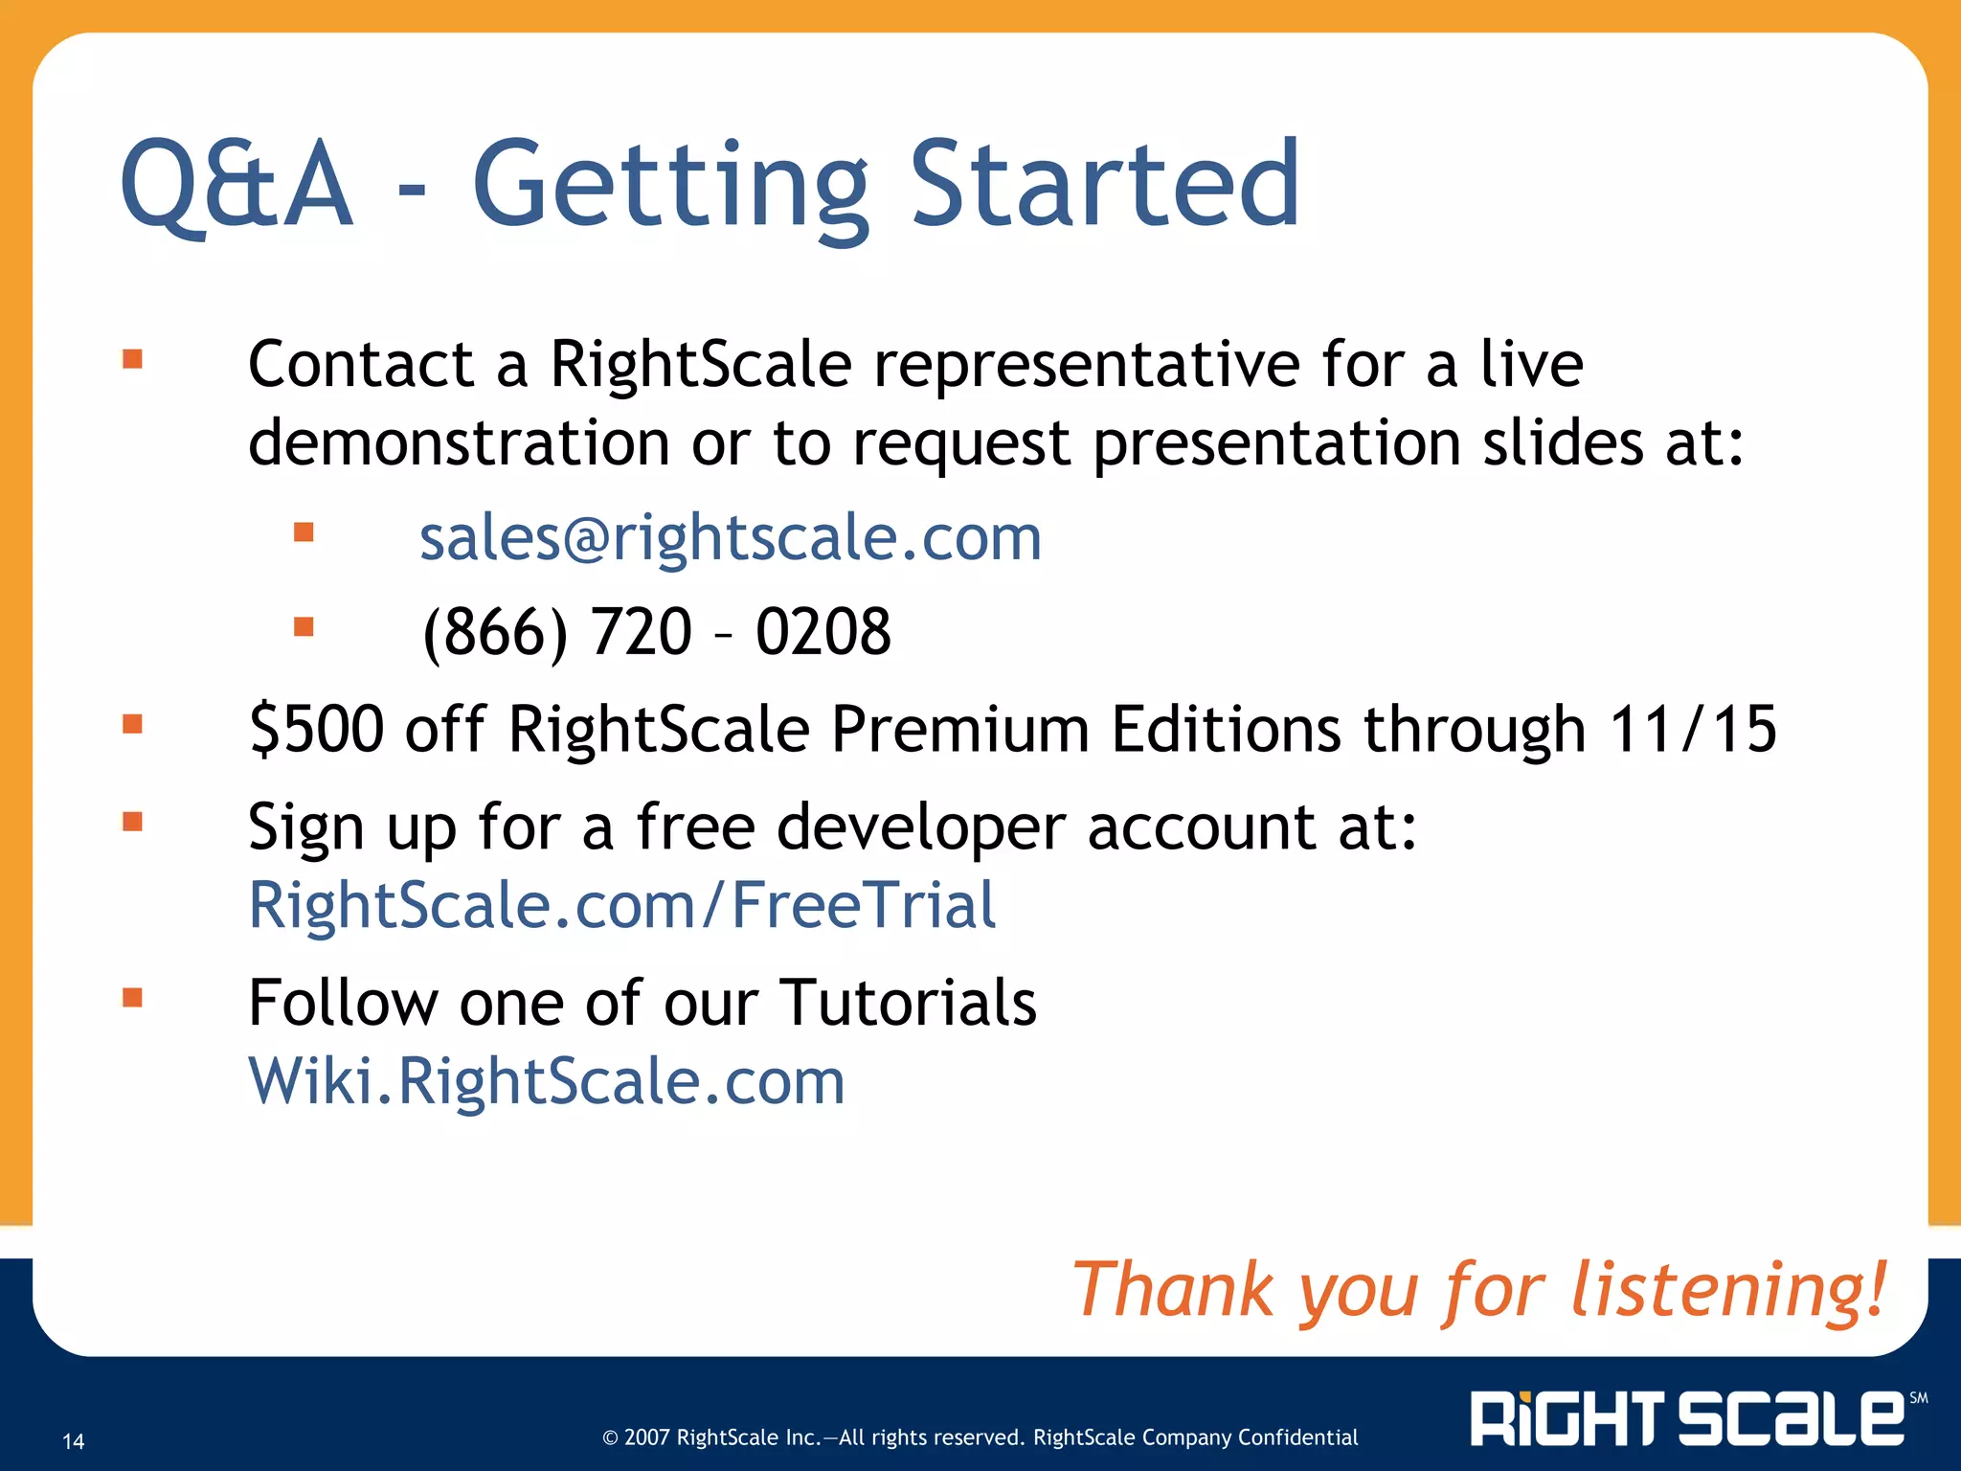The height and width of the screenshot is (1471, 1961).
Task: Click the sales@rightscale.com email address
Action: pyautogui.click(x=730, y=538)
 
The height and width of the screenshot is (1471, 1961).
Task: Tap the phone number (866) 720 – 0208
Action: pyautogui.click(x=657, y=632)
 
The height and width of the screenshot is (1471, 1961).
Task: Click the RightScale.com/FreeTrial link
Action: pyautogui.click(x=622, y=905)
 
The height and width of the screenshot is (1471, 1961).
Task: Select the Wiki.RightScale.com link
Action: pyautogui.click(x=547, y=1081)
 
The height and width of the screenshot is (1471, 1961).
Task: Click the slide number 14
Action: pyautogui.click(x=74, y=1441)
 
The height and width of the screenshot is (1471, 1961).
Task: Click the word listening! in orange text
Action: pyautogui.click(x=1728, y=1291)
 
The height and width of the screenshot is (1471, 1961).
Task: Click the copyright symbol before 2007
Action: pyautogui.click(x=610, y=1437)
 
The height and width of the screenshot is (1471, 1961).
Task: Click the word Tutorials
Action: pyautogui.click(x=908, y=1003)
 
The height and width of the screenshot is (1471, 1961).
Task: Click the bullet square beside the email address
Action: pyautogui.click(x=304, y=532)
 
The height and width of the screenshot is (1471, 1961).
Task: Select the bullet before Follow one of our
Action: pyautogui.click(x=132, y=998)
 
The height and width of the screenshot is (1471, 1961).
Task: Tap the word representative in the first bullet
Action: pyautogui.click(x=1087, y=365)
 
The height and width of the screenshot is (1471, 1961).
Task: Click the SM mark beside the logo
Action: pyautogui.click(x=1918, y=1398)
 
